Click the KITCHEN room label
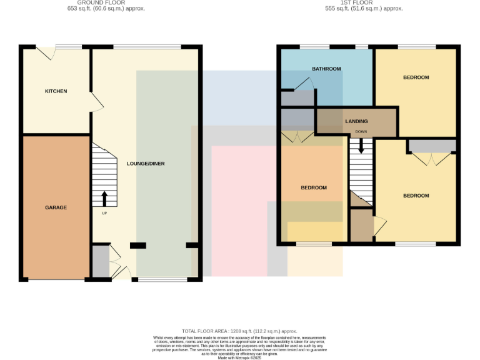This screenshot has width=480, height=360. click(x=56, y=91)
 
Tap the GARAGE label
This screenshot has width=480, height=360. click(x=56, y=207)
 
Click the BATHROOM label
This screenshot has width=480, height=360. click(x=326, y=69)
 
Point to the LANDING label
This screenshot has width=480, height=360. click(x=356, y=121)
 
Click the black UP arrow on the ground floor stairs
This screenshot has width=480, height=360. click(x=104, y=198)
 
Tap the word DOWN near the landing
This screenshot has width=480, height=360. click(x=361, y=132)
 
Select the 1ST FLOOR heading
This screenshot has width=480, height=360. click(x=363, y=2)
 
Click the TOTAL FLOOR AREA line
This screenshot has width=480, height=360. click(x=239, y=331)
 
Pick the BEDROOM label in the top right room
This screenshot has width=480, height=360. click(x=416, y=77)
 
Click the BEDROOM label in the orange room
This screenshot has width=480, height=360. click(x=313, y=187)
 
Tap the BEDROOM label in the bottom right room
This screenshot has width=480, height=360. click(x=416, y=196)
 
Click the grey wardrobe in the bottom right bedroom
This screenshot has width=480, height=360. click(x=432, y=146)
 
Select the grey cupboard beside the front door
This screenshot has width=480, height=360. click(x=100, y=261)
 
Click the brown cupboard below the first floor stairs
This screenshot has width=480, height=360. click(x=361, y=226)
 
